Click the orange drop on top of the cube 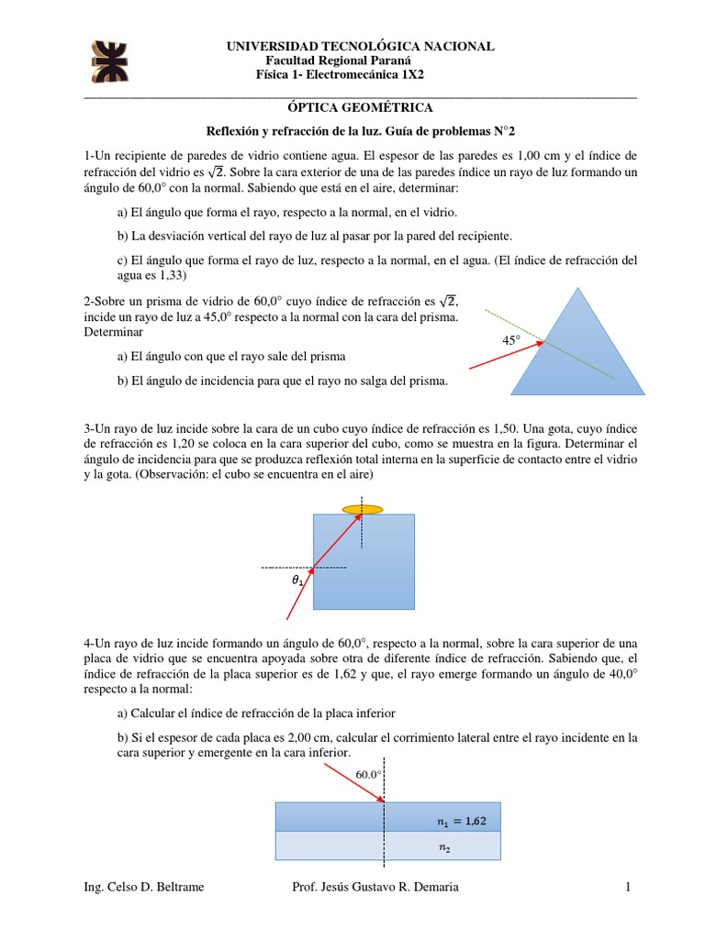pyautogui.click(x=363, y=508)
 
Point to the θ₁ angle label pyautogui.click(x=296, y=580)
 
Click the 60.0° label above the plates pyautogui.click(x=368, y=775)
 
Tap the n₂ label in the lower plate pyautogui.click(x=445, y=848)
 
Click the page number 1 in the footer pyautogui.click(x=628, y=887)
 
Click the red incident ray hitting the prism pyautogui.click(x=505, y=356)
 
